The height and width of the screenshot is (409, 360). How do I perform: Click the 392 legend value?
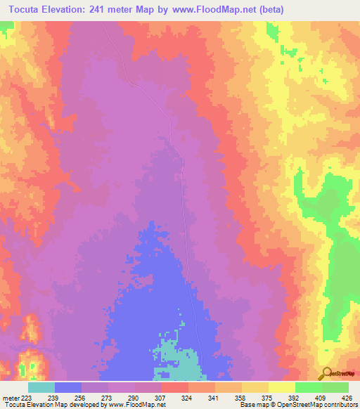295,397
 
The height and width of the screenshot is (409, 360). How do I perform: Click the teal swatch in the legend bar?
41,387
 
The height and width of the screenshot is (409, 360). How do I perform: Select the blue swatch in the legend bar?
68,387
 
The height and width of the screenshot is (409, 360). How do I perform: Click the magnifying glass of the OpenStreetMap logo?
326,373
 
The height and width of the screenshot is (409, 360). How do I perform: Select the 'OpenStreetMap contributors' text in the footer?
323,405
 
